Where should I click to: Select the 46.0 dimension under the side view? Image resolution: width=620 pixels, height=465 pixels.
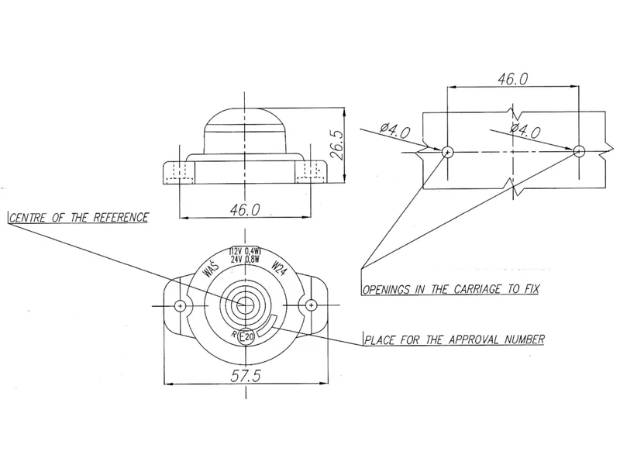click(245, 211)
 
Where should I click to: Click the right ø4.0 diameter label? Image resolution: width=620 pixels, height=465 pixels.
click(525, 130)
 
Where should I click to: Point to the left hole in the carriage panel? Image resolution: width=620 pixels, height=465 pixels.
click(446, 152)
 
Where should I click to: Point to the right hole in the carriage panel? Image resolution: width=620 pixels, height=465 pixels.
click(578, 152)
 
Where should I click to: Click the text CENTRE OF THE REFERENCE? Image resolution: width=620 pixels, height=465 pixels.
click(78, 217)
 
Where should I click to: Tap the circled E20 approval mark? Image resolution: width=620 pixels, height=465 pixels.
click(247, 337)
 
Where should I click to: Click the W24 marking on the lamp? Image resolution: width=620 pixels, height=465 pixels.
click(281, 270)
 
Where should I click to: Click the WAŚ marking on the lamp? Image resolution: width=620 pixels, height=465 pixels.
click(209, 270)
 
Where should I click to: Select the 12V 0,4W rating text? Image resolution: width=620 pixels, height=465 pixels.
click(245, 252)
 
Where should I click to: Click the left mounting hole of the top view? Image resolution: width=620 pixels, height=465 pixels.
click(181, 305)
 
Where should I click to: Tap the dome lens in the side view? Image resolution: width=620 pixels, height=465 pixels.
click(245, 128)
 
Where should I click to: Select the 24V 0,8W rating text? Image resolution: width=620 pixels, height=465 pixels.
click(245, 260)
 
